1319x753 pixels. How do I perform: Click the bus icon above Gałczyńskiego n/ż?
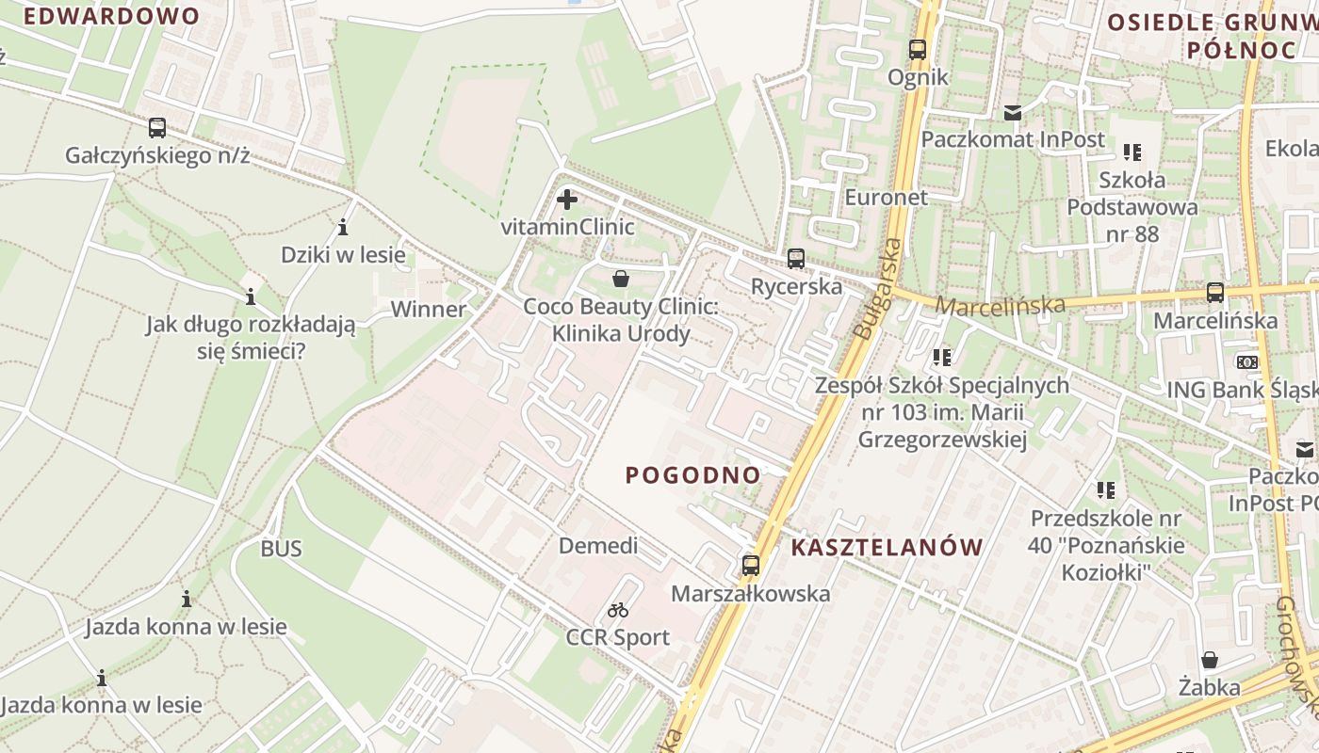157,127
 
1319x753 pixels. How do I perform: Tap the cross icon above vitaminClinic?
567,200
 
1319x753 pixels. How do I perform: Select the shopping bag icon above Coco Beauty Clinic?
621,279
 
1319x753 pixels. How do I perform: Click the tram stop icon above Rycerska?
796,259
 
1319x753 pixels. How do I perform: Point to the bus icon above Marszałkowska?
751,566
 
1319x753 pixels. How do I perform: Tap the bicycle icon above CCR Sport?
618,610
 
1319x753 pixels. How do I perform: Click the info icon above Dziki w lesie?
343,227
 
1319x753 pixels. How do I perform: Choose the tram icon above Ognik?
918,50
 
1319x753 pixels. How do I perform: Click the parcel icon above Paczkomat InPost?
1013,113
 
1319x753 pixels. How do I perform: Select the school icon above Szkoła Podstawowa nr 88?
1132,152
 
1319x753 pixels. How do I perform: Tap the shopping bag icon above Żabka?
1209,661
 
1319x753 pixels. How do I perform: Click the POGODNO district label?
693,475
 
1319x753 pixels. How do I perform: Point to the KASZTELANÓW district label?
887,547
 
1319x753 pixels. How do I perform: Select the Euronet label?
886,198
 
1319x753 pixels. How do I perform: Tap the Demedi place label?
598,546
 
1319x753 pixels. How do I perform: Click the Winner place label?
429,310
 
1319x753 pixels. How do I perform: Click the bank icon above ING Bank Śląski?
1247,362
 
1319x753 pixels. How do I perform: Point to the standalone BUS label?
282,549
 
